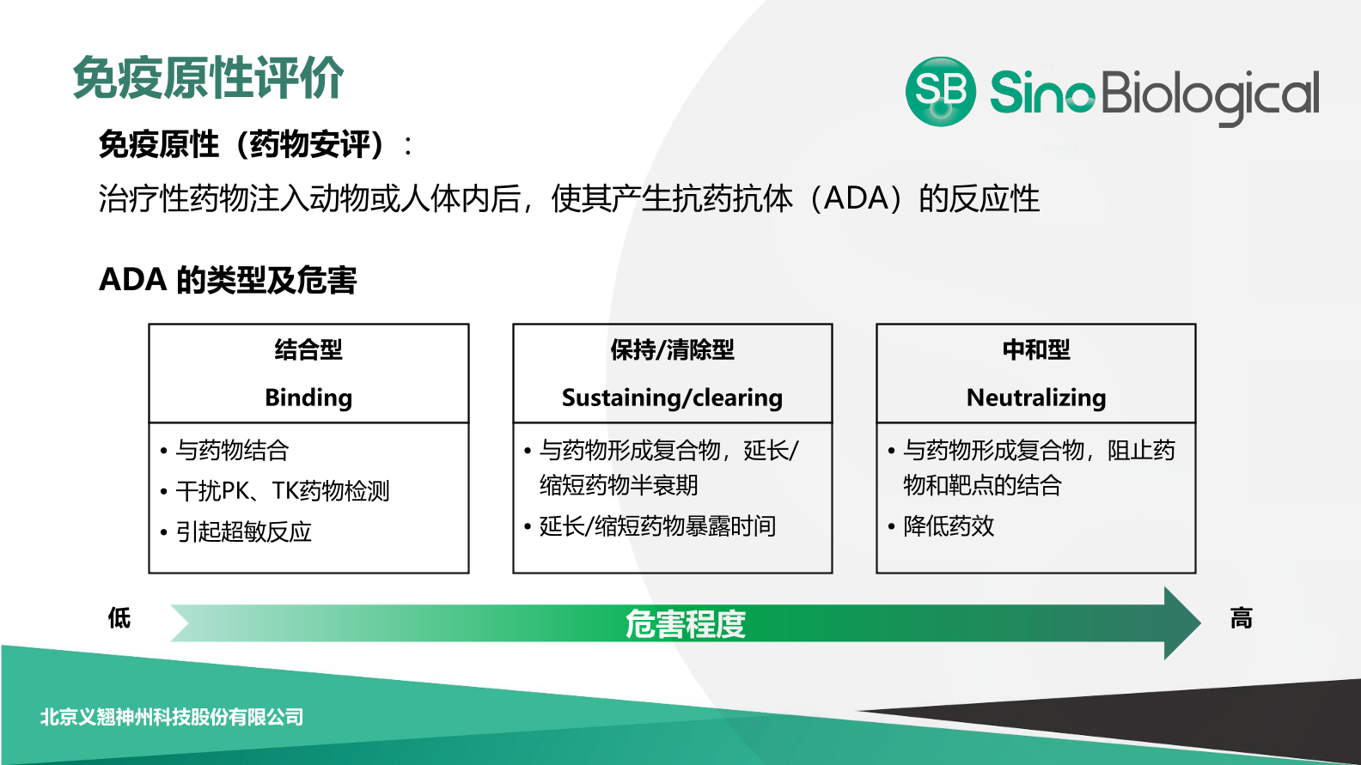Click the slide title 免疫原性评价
coord(208,78)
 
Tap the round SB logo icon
coord(940,92)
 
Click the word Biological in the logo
coord(1209,94)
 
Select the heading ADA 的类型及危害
coord(228,280)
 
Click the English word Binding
coord(308,398)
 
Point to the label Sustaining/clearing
coord(672,398)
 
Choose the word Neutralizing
coord(1035,398)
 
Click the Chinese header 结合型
coord(308,349)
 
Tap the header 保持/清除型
coord(672,349)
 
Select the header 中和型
coord(1035,349)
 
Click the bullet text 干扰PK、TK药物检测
coord(283,490)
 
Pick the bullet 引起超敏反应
coord(244,531)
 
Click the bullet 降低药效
coord(949,525)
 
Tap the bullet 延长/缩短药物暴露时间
coord(657,525)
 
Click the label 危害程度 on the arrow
coord(685,623)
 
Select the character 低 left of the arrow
coord(119,617)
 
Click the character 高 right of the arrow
coord(1241,617)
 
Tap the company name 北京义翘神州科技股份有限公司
coord(172,717)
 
